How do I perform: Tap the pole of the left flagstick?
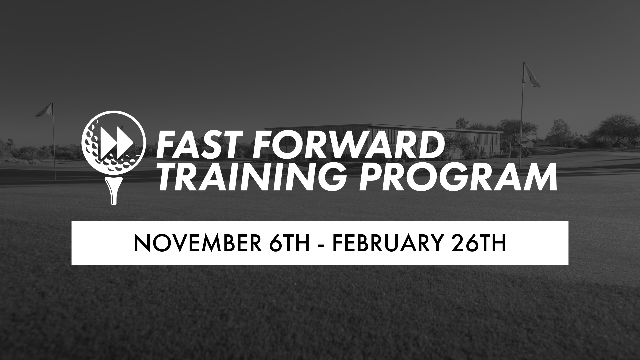(x=54, y=147)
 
